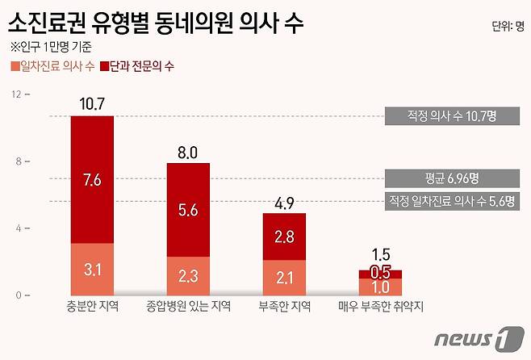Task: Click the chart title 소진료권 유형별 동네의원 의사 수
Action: pyautogui.click(x=157, y=23)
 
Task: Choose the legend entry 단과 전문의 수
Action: pyautogui.click(x=140, y=65)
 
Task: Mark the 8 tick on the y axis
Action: pyautogui.click(x=16, y=161)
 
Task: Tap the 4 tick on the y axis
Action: pyautogui.click(x=16, y=228)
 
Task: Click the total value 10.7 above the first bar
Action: pyautogui.click(x=92, y=103)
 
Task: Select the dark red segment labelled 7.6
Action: pyautogui.click(x=92, y=180)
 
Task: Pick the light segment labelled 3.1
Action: pyautogui.click(x=92, y=266)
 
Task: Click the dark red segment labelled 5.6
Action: pyautogui.click(x=188, y=209)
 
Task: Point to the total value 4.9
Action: pyautogui.click(x=284, y=202)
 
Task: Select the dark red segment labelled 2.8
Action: pyautogui.click(x=284, y=237)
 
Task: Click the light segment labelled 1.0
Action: pyautogui.click(x=379, y=287)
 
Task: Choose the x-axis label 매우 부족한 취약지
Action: pyautogui.click(x=379, y=307)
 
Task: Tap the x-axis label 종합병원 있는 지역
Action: pyautogui.click(x=188, y=307)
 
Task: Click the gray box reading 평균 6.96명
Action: pyautogui.click(x=452, y=178)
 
